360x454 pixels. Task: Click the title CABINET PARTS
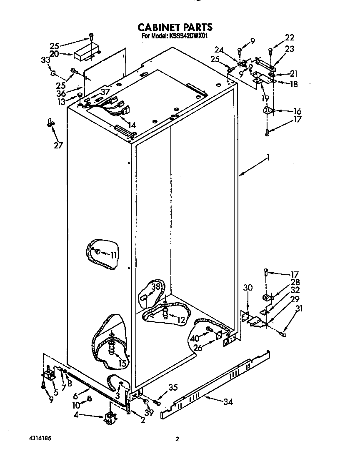(x=175, y=27)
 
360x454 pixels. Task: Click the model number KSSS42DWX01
(x=186, y=36)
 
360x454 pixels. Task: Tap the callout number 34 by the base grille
(x=227, y=402)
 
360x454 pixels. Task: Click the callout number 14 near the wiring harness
(x=131, y=124)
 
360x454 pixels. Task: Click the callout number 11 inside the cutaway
(x=114, y=255)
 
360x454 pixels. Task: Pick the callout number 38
(x=155, y=287)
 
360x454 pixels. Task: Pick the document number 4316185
(x=40, y=438)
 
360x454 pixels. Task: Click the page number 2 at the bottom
(x=177, y=439)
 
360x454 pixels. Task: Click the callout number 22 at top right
(x=289, y=38)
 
